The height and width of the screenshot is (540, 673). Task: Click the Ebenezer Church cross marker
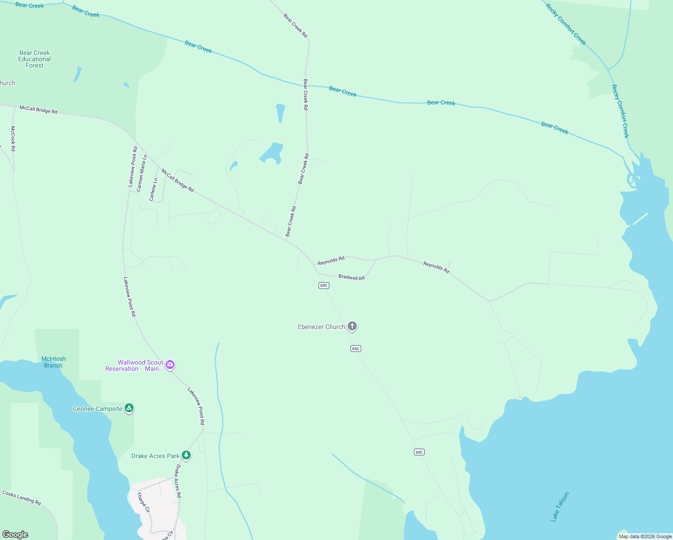pos(352,326)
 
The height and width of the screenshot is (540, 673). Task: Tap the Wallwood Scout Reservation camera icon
pos(170,364)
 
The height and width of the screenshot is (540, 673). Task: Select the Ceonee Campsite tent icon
pos(129,408)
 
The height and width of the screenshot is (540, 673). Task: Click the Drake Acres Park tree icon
pos(186,455)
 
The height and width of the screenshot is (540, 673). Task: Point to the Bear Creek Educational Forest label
pos(35,59)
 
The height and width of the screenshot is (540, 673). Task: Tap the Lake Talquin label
pos(560,507)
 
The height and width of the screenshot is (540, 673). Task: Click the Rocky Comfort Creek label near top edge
pos(566,24)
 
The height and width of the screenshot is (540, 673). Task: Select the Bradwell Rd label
pos(351,277)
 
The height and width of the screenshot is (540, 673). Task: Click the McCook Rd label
pos(13,139)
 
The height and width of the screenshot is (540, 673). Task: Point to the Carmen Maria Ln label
pos(142,173)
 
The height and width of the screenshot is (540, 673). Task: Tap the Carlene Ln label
pos(153,189)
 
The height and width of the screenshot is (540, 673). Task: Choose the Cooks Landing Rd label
pos(22,497)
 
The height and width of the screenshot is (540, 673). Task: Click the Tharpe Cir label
pos(143,502)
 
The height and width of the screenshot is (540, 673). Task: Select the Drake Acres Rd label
pos(178,481)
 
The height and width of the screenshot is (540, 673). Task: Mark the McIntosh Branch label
pos(54,362)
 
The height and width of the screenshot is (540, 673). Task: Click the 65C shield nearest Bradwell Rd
pos(323,285)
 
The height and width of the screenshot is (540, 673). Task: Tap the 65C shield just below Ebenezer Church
pos(356,348)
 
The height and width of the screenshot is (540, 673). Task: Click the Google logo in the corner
pos(15,535)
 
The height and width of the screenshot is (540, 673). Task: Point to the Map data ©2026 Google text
pos(645,536)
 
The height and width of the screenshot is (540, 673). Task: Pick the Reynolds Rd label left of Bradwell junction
pos(331,261)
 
